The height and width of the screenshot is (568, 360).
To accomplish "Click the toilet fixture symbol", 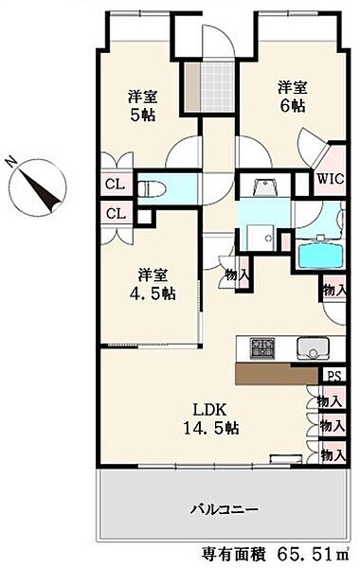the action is (152, 188).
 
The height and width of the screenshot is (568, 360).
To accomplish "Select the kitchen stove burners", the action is (262, 348).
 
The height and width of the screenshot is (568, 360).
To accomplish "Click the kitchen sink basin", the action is (314, 348).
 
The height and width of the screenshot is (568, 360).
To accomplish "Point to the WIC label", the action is (331, 179).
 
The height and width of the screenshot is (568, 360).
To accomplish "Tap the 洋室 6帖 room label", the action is (292, 97).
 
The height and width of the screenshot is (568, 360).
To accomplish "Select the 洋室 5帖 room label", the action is (142, 105).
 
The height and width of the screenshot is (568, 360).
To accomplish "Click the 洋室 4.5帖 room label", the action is (153, 284).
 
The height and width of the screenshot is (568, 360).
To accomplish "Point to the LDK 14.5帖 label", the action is (210, 418).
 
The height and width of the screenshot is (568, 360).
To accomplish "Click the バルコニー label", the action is (225, 510).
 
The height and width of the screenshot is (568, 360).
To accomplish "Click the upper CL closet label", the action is (115, 185).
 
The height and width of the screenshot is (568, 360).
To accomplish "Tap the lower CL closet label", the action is (116, 214).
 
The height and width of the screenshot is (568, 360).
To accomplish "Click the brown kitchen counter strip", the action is (279, 374).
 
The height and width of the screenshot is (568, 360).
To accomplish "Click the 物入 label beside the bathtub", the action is (333, 290).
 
